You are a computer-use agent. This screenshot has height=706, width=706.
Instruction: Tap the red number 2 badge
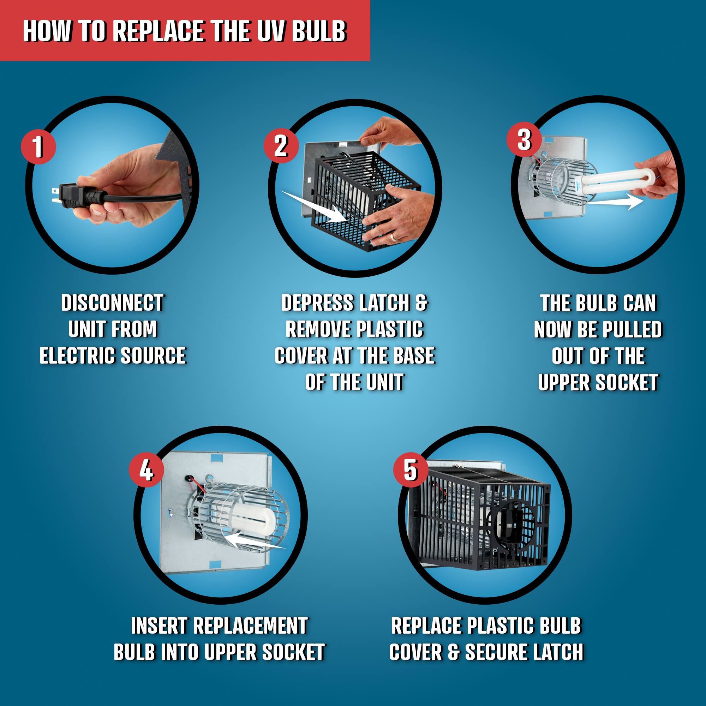coord(281,146)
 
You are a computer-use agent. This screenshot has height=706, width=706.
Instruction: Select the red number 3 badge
coord(524,139)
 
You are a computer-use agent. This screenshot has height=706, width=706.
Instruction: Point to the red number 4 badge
coord(146,470)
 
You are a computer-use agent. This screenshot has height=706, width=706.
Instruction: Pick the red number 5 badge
coord(411,469)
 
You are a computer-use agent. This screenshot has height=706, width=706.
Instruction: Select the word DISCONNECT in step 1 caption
coord(113,303)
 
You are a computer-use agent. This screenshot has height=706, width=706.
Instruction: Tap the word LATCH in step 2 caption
coord(384,303)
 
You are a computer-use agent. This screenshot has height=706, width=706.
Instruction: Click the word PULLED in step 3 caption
coord(632,330)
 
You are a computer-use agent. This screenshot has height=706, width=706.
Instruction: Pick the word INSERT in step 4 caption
coord(159,626)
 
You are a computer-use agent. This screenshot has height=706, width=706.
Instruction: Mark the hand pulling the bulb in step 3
coord(658,175)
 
